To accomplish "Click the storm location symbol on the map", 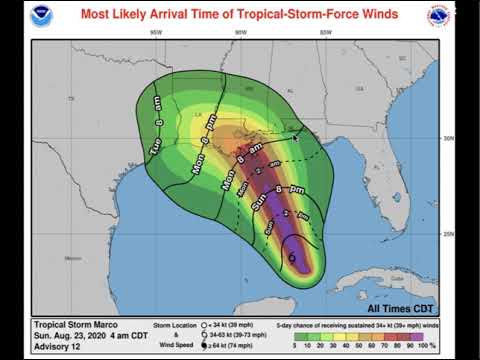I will [x=292, y=258].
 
